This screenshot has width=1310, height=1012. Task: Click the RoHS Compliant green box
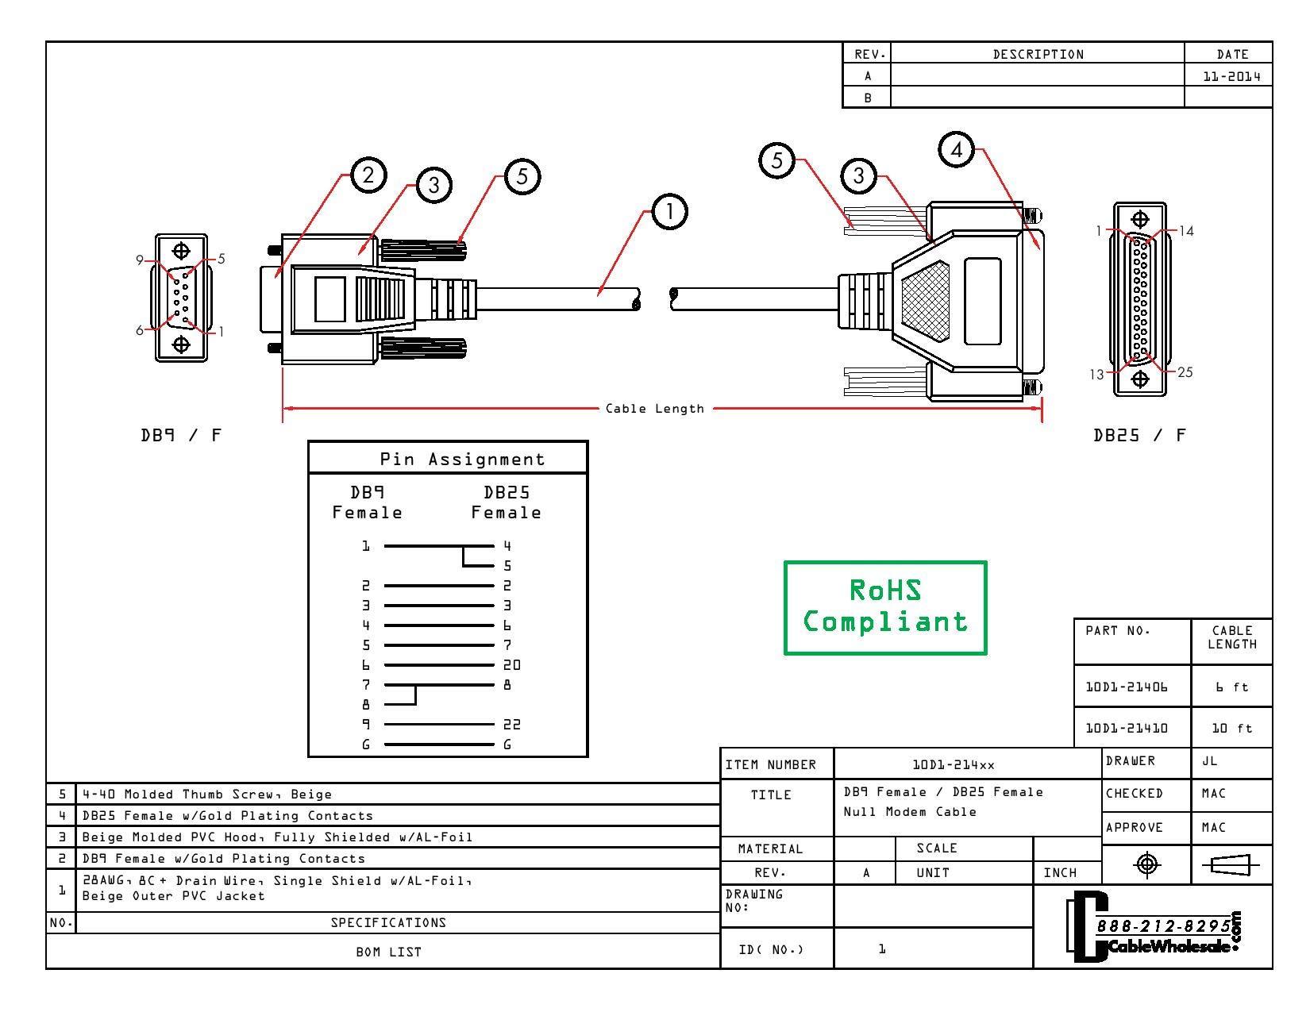pyautogui.click(x=884, y=607)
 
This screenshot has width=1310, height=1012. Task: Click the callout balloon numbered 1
pyautogui.click(x=669, y=212)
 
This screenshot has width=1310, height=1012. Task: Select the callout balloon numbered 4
pyautogui.click(x=957, y=150)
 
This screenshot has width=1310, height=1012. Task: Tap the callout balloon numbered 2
pyautogui.click(x=368, y=175)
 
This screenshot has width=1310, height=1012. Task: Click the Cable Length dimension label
pyautogui.click(x=654, y=409)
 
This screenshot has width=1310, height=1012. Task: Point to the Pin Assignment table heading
pyautogui.click(x=462, y=459)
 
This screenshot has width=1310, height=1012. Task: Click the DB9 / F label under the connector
pyautogui.click(x=181, y=435)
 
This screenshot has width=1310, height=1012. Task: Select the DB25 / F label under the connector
pyautogui.click(x=1139, y=435)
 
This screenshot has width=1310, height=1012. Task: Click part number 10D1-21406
pyautogui.click(x=1127, y=687)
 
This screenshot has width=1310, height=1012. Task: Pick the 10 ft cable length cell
pyautogui.click(x=1231, y=728)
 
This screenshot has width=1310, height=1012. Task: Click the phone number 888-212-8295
pyautogui.click(x=1164, y=926)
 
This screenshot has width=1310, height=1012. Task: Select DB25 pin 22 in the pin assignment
pyautogui.click(x=512, y=724)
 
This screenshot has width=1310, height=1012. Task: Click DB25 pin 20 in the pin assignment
pyautogui.click(x=512, y=665)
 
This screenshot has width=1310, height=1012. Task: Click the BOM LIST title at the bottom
pyautogui.click(x=388, y=952)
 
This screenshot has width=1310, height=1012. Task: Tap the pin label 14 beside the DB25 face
pyautogui.click(x=1185, y=231)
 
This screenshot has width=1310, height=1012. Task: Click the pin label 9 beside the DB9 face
pyautogui.click(x=140, y=260)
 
